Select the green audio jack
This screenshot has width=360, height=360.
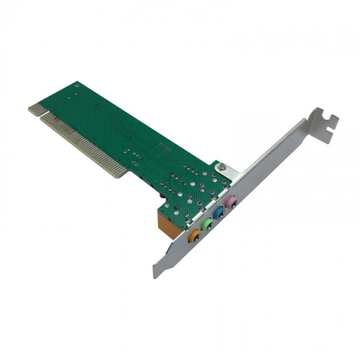pos(208,224)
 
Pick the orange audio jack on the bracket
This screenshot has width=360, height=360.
pos(195,235)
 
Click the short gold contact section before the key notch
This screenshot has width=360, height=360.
pos(37,109)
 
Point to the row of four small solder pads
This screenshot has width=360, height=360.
pos(165,146)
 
